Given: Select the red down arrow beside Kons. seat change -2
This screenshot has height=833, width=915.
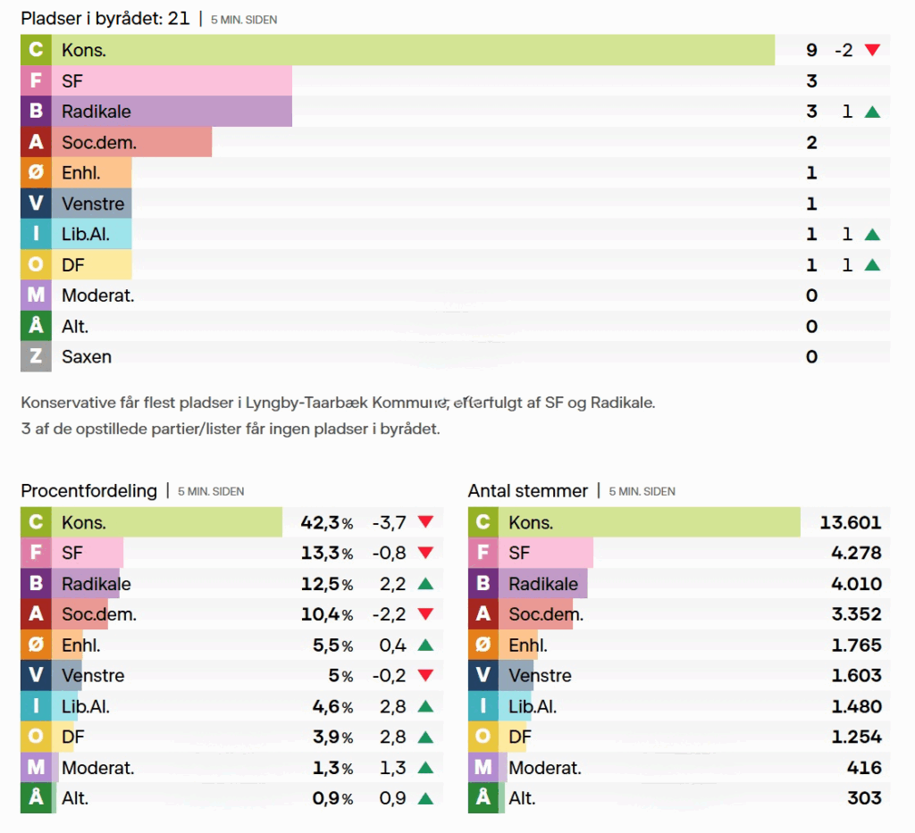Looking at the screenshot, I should click(x=872, y=50).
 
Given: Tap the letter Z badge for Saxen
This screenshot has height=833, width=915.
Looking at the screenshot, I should click(x=36, y=357).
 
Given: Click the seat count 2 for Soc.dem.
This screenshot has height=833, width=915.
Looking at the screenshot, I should click(x=811, y=143).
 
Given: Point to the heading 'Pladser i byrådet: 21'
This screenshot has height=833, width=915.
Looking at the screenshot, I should click(x=105, y=18).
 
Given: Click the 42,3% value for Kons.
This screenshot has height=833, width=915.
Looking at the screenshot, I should click(x=327, y=523).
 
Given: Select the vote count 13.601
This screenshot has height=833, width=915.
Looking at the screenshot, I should click(x=851, y=523).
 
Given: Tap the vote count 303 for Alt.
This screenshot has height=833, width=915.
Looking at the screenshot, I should click(x=864, y=798).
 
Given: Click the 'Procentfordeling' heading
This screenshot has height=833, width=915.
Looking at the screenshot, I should click(x=88, y=491).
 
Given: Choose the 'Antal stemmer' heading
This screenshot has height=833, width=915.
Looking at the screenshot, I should click(x=528, y=491).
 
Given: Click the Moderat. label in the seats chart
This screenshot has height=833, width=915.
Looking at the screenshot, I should click(x=98, y=296).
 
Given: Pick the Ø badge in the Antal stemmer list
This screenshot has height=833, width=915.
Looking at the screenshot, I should click(x=483, y=646).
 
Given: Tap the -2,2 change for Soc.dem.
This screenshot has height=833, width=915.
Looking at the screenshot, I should click(x=389, y=615).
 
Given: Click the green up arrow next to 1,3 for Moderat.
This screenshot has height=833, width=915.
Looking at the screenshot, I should click(x=425, y=768).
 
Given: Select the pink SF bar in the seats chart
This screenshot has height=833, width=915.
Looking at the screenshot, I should click(x=172, y=81).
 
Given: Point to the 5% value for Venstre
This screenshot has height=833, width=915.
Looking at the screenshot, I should click(x=341, y=676).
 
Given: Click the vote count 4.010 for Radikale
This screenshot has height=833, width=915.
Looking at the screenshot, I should click(x=856, y=585).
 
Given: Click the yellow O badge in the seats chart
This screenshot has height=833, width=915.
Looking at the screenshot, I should click(x=36, y=265).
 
